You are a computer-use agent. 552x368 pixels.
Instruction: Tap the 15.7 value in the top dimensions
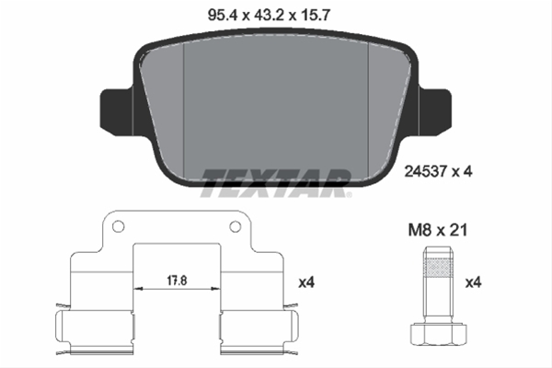coord(315,15)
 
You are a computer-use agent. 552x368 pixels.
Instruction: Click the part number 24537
coord(426,172)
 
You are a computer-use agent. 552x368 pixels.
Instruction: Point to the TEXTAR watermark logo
coord(276,183)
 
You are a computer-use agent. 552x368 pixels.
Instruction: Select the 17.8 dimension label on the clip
coord(177,281)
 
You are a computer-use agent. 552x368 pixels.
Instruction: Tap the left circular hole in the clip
coord(119,226)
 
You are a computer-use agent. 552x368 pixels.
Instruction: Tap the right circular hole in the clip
coord(236,226)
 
